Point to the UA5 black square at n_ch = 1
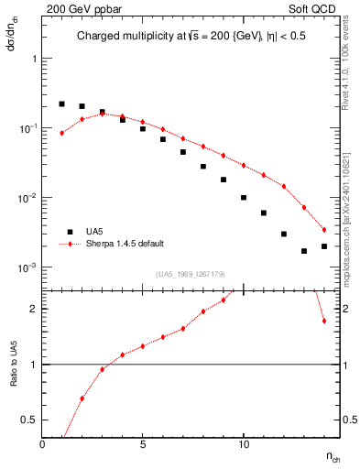62,104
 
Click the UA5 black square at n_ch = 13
304,251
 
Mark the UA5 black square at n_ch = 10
244,197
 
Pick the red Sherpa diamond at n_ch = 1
62,133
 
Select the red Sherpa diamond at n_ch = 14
324,230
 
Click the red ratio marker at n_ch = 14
324,321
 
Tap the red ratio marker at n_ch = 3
103,369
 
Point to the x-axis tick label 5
143,443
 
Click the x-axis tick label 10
244,443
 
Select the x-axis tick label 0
42,443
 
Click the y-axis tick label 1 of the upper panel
34,58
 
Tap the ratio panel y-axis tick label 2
34,309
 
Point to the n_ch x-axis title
333,455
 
